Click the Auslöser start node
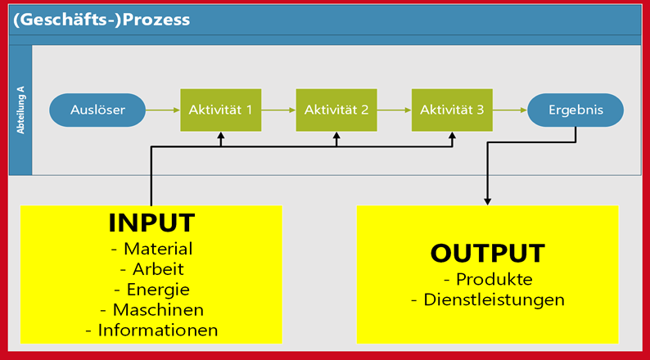tap(97, 109)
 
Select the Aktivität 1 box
tap(220, 109)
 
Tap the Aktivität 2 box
tap(336, 109)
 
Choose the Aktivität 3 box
tap(453, 109)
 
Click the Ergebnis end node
tap(575, 109)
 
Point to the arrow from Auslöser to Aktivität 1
tap(163, 109)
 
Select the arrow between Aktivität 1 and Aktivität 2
tap(278, 109)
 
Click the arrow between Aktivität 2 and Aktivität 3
tap(395, 109)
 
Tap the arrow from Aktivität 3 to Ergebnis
tap(511, 109)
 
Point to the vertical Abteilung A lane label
tap(20, 110)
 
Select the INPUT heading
tap(151, 223)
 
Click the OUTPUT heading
tap(488, 253)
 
